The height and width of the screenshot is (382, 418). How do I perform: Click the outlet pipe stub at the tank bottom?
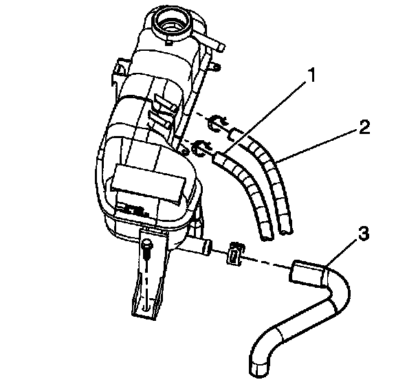205,246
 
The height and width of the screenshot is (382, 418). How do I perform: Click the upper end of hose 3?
302,272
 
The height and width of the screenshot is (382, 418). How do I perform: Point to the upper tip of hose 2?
235,132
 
